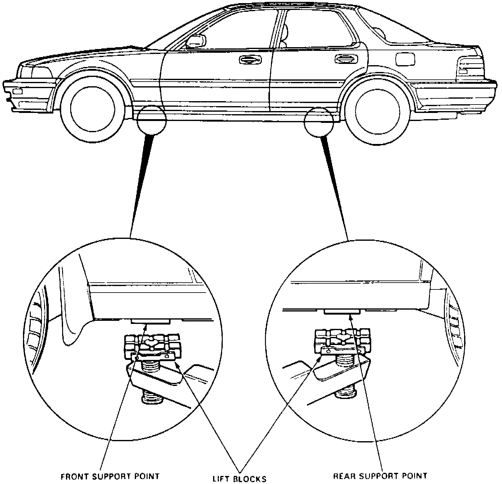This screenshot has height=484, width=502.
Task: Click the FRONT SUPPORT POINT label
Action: pyautogui.click(x=110, y=476)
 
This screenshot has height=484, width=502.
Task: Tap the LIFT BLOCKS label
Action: pyautogui.click(x=240, y=479)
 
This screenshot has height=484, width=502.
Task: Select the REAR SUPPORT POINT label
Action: pyautogui.click(x=380, y=476)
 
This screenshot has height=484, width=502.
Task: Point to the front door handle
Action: pyautogui.click(x=250, y=60)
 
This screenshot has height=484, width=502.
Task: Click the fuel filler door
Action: pyautogui.click(x=405, y=59)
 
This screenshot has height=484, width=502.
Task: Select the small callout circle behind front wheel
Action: pyautogui.click(x=152, y=120)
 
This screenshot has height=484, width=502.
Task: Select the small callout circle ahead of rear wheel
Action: pyautogui.click(x=319, y=120)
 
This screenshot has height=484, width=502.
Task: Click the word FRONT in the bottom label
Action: pyautogui.click(x=72, y=476)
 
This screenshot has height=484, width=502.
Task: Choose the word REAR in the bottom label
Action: pyautogui.click(x=343, y=476)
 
